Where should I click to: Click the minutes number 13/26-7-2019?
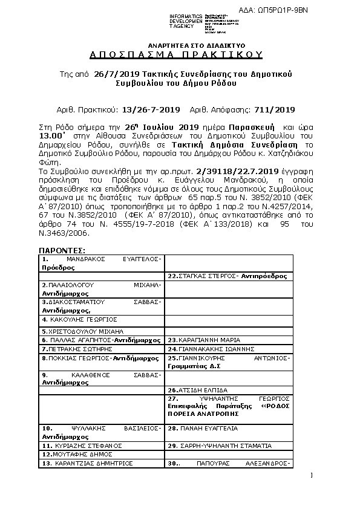click(151, 109)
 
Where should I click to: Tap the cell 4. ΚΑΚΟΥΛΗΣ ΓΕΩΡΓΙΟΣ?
click(101, 319)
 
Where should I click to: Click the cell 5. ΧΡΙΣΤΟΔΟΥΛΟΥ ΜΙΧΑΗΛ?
click(101, 332)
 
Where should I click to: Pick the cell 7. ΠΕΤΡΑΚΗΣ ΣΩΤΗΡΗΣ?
click(101, 349)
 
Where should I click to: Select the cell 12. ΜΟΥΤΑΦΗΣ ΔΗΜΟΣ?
click(101, 454)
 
